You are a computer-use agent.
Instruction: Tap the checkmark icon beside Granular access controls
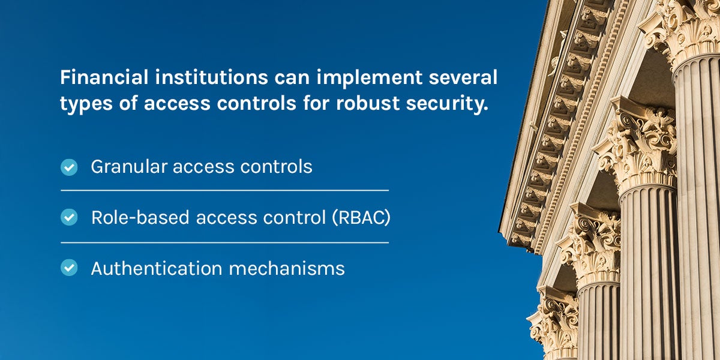tap(70, 167)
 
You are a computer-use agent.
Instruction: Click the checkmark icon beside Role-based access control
tap(70, 218)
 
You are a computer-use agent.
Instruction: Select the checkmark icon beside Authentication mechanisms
tap(70, 268)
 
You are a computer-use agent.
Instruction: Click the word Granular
tap(128, 167)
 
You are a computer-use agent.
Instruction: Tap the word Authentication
tap(157, 268)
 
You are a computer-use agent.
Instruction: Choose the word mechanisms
tap(287, 268)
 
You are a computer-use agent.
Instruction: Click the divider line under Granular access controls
tap(224, 191)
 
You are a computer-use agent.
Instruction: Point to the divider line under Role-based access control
tap(224, 242)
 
